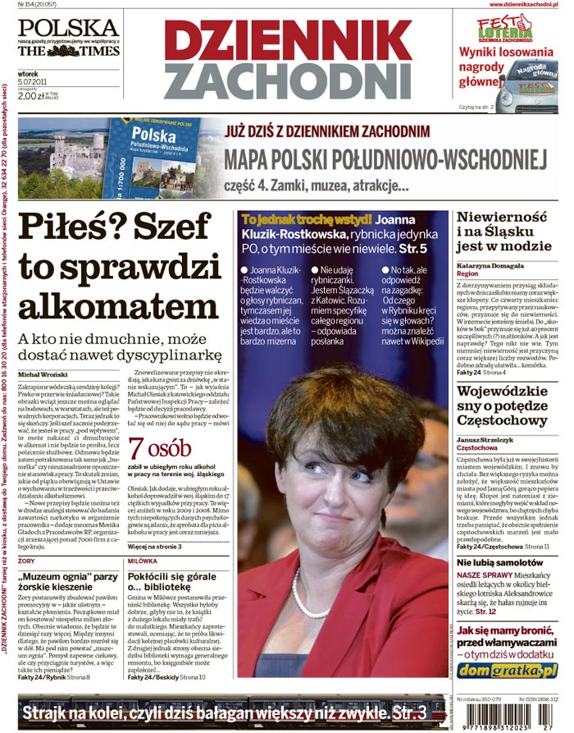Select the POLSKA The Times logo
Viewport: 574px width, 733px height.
(x=68, y=38)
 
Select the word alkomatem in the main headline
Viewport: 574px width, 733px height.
(x=118, y=306)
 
